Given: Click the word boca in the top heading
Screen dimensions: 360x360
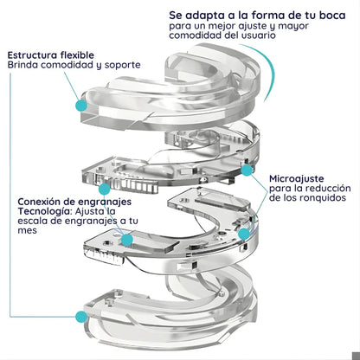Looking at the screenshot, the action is [331, 15].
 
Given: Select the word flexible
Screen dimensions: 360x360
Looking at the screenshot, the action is [77, 55].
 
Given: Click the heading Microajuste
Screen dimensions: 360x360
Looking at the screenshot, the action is [296, 179].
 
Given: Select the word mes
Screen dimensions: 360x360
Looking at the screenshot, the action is [27, 231].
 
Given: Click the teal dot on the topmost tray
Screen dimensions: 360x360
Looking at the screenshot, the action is [81, 106].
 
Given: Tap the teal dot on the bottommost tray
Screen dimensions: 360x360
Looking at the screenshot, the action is [81, 317].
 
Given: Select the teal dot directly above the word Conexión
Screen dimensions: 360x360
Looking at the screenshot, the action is [104, 190].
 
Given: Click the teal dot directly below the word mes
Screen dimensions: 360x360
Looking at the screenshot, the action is [127, 240].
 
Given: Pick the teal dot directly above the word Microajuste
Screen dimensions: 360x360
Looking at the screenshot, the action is [247, 170].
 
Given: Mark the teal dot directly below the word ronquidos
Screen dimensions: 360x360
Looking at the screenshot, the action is [244, 234].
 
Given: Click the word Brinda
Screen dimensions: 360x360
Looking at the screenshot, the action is [22, 65].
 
